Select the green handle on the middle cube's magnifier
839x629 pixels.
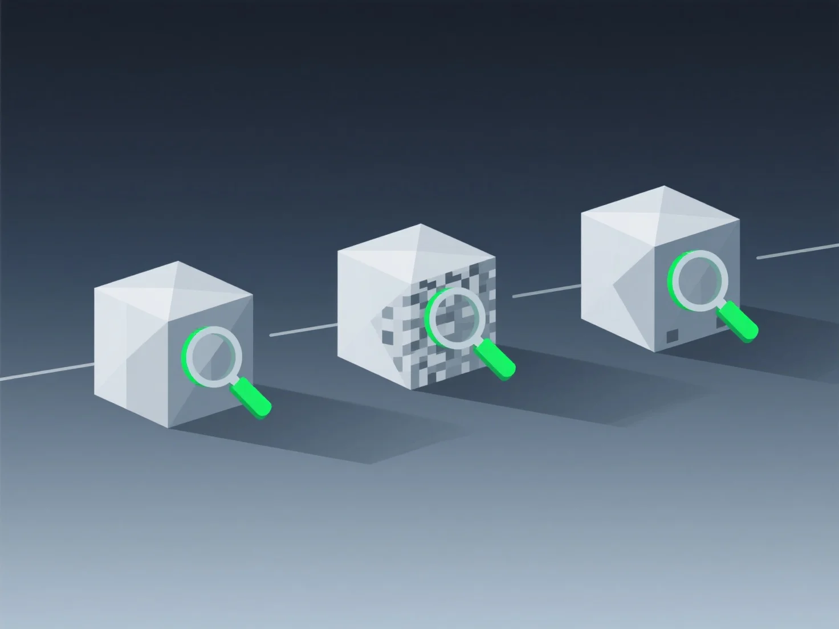[x=495, y=358]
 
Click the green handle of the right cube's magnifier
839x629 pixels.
[x=738, y=322]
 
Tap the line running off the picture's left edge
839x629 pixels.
[x=46, y=371]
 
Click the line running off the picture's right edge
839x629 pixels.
[x=798, y=251]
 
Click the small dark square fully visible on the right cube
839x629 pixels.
[x=673, y=336]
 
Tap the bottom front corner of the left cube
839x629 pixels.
[x=169, y=427]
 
